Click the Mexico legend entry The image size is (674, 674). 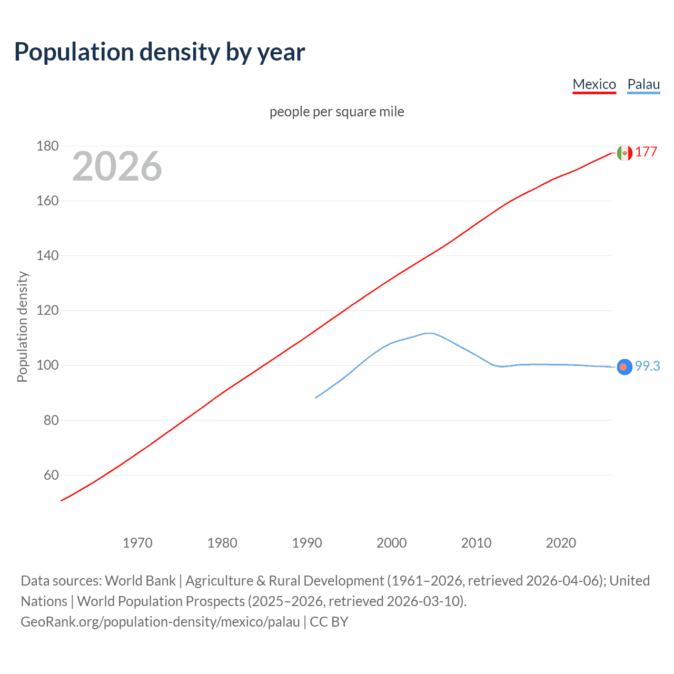click(x=594, y=84)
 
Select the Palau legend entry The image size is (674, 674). click(x=643, y=84)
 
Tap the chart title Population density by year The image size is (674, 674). click(x=160, y=52)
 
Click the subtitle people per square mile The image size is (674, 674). click(x=336, y=112)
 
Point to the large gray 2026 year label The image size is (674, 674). click(x=117, y=166)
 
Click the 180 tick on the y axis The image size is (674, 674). click(x=47, y=146)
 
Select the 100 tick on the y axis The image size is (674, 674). click(x=47, y=365)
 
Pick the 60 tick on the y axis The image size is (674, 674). click(x=51, y=475)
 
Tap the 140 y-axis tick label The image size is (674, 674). click(x=47, y=255)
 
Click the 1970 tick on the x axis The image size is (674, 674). click(x=137, y=543)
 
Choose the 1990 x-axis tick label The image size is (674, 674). click(x=307, y=543)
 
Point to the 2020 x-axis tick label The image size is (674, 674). click(x=561, y=543)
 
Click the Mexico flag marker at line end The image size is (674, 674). click(x=625, y=153)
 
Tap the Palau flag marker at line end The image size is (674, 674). click(x=625, y=367)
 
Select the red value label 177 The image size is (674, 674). click(x=646, y=152)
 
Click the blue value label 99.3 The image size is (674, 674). click(x=647, y=366)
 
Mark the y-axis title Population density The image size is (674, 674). click(x=22, y=326)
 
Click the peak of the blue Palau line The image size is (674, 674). click(x=429, y=333)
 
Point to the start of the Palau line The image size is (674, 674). click(x=316, y=398)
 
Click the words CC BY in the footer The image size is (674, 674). click(x=329, y=622)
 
